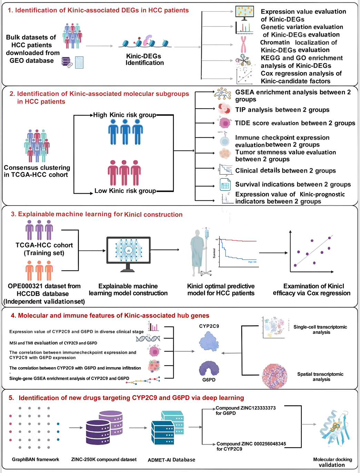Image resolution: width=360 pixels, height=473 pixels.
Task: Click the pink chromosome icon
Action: (243, 45)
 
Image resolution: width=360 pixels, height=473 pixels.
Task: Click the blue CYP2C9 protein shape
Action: (209, 342)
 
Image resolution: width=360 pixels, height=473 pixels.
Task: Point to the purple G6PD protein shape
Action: (209, 368)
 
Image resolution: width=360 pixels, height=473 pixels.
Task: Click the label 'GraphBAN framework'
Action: (36, 460)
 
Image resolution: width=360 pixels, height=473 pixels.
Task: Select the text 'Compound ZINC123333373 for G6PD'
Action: (246, 411)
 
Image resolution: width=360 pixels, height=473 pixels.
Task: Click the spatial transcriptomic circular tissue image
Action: (274, 376)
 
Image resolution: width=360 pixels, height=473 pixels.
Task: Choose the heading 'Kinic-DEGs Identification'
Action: (144, 59)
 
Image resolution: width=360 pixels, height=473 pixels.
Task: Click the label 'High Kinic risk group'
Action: (124, 115)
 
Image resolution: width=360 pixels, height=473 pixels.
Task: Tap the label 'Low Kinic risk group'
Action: (125, 191)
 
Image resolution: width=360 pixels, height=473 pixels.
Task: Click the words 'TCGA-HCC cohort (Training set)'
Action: (44, 249)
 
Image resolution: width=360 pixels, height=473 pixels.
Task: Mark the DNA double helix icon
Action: (148, 338)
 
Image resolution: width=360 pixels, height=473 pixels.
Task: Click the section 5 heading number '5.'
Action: (11, 398)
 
